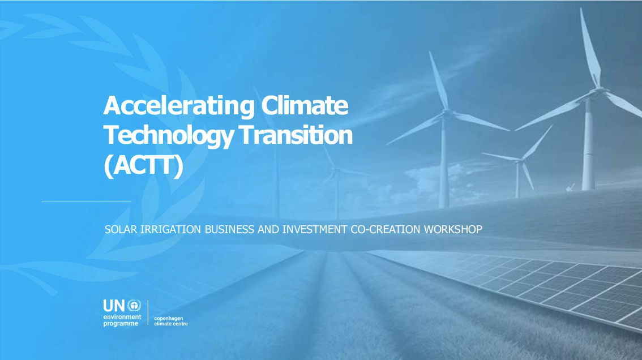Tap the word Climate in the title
pyautogui.click(x=305, y=105)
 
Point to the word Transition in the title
pyautogui.click(x=296, y=135)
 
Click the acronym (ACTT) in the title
pyautogui.click(x=143, y=165)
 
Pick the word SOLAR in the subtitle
pyautogui.click(x=121, y=229)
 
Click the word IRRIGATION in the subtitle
pyautogui.click(x=170, y=229)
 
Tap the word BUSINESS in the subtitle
pyautogui.click(x=229, y=229)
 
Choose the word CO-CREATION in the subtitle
pyautogui.click(x=386, y=229)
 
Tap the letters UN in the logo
pyautogui.click(x=114, y=306)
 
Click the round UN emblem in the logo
pyautogui.click(x=134, y=306)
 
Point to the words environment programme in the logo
pyautogui.click(x=122, y=320)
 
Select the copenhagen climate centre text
pyautogui.click(x=171, y=321)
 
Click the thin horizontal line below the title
pyautogui.click(x=87, y=201)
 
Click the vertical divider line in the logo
pyautogui.click(x=148, y=312)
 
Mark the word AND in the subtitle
pyautogui.click(x=268, y=229)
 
